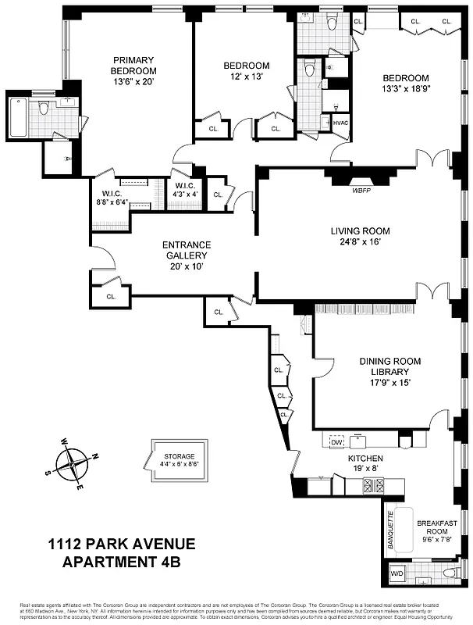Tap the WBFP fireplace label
[x=361, y=189]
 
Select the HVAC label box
[x=340, y=123]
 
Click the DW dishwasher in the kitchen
[x=337, y=442]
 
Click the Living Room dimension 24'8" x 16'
[x=360, y=242]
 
